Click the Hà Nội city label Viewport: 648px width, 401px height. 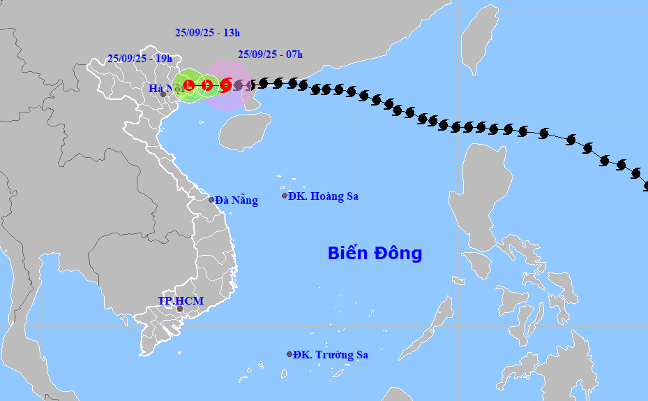[165, 89]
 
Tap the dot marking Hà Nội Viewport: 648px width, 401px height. [163, 94]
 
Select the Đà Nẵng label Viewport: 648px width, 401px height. [236, 200]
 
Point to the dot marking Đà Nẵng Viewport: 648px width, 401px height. [211, 199]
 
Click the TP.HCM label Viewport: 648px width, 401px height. [180, 301]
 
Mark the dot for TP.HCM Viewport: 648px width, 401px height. [179, 309]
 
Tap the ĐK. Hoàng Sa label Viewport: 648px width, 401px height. [324, 196]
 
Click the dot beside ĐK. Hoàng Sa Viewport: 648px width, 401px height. [285, 196]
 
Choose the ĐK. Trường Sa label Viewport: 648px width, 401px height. [331, 355]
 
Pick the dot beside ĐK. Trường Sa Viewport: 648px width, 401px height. [289, 354]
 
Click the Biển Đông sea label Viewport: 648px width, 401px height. [375, 253]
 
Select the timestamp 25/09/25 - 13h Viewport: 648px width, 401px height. [207, 32]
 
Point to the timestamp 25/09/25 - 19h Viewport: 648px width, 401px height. [140, 59]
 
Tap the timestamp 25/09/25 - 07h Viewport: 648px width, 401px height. [270, 54]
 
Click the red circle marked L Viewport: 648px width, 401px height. [189, 85]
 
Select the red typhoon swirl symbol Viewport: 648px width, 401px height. [225, 85]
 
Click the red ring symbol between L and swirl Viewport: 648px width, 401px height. [207, 85]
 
